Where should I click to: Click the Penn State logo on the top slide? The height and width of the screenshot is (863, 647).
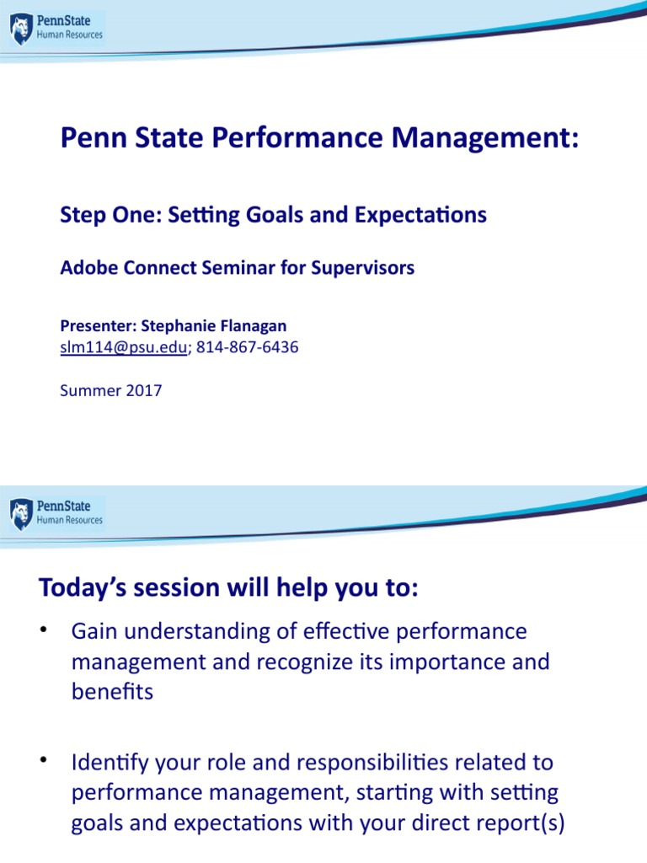click(x=56, y=29)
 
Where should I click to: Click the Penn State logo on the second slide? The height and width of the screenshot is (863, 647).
click(x=56, y=513)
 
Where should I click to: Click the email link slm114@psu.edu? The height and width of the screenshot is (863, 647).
click(x=123, y=347)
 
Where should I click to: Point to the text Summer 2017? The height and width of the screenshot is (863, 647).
click(x=110, y=390)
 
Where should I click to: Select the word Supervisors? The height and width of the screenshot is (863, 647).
click(x=364, y=268)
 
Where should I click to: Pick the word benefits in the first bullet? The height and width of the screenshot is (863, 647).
click(x=112, y=692)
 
